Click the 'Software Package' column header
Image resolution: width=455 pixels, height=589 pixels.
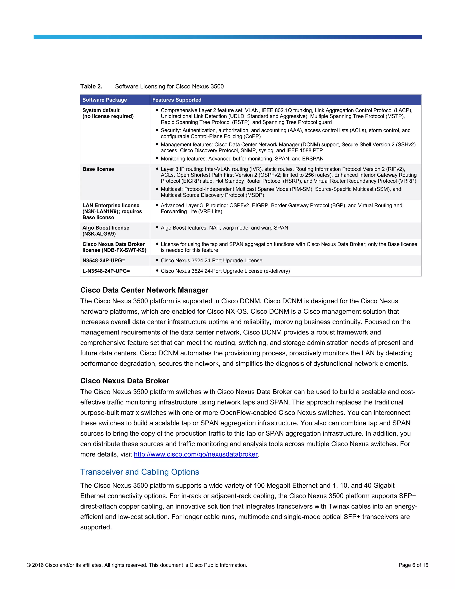click(105, 100)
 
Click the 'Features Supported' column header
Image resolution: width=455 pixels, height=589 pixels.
click(177, 100)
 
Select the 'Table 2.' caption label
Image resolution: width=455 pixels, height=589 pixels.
click(91, 86)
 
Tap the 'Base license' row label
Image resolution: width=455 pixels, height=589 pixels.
click(98, 169)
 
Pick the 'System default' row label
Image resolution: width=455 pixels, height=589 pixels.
click(101, 110)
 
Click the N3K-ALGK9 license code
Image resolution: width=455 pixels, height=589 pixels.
click(99, 234)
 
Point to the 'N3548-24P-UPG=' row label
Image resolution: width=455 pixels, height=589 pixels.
click(104, 260)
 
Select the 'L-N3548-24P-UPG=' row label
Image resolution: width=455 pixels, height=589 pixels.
click(106, 271)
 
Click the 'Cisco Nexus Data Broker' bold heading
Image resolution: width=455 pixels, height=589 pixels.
click(125, 381)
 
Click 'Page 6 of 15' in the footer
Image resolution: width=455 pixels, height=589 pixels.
click(413, 565)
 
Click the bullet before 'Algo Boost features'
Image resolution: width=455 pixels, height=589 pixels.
click(157, 228)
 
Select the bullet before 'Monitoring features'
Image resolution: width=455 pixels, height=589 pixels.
click(157, 158)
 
